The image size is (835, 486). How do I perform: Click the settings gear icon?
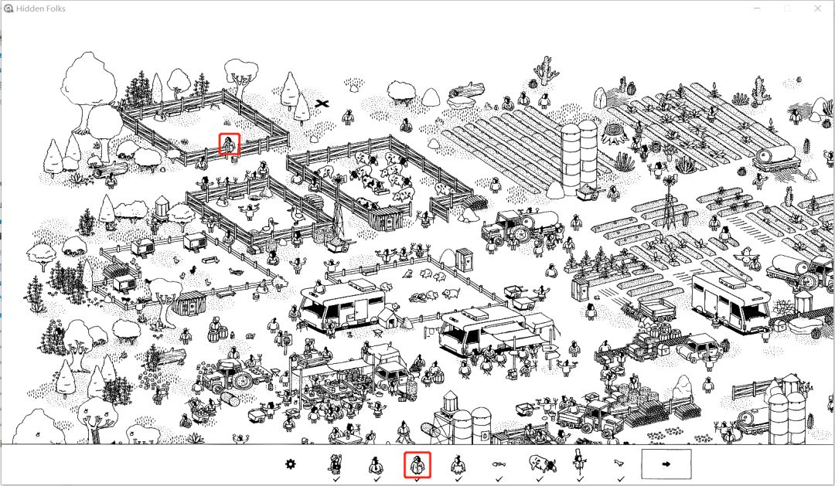(x=290, y=464)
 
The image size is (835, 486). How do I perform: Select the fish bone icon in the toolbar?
(x=499, y=464)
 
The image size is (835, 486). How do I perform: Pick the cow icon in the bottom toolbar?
(x=542, y=464)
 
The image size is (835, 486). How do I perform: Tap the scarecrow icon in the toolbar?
(x=579, y=461)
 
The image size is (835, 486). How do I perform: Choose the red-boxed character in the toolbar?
(x=417, y=465)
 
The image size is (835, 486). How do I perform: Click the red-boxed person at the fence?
(x=229, y=144)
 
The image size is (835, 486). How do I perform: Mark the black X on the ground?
(x=322, y=104)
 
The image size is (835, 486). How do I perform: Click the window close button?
(x=817, y=8)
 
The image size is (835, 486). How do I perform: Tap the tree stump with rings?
(x=616, y=134)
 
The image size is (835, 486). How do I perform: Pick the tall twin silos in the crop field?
(x=578, y=157)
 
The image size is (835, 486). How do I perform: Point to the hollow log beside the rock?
(x=466, y=90)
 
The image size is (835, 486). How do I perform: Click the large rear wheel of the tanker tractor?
(x=520, y=233)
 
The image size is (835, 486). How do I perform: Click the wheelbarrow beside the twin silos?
(x=588, y=191)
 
